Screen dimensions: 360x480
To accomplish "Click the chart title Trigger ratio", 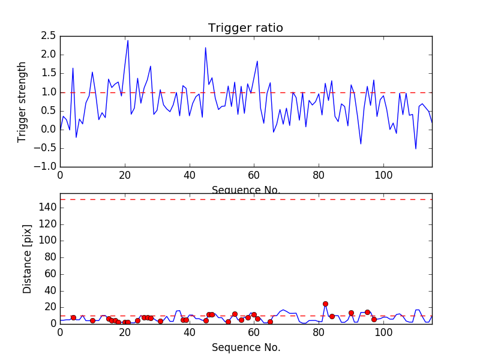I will click(x=245, y=28).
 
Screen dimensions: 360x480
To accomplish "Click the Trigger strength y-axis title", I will click(x=22, y=101).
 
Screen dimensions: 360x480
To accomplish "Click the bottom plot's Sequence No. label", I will click(x=245, y=347).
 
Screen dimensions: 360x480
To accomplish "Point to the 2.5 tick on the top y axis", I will click(x=48, y=36).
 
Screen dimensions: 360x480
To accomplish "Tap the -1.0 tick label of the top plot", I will click(x=46, y=167).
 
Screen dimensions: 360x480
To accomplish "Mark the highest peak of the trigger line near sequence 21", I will click(x=128, y=40).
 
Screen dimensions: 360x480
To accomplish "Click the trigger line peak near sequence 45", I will click(x=205, y=47).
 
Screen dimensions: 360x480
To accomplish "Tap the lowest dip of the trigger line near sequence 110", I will click(x=416, y=149).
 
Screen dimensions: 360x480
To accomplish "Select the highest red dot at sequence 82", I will click(x=325, y=304).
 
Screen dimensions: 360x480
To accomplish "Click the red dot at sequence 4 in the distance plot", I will click(x=73, y=317).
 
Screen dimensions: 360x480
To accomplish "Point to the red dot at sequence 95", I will click(x=367, y=312).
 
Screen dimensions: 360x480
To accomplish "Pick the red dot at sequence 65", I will click(x=270, y=322).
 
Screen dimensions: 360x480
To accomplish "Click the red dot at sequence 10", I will click(x=92, y=320).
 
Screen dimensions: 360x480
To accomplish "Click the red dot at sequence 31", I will click(x=160, y=321).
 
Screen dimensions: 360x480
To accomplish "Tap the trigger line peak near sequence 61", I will click(x=257, y=61).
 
